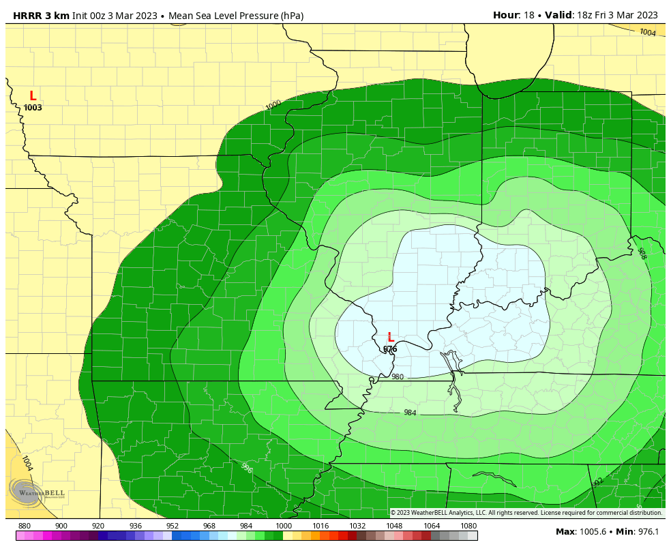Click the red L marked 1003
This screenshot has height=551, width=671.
33,96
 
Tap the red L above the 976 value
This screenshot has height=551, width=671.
391,337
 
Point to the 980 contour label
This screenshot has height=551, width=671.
398,377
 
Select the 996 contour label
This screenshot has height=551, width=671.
247,468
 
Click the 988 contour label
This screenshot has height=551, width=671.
641,254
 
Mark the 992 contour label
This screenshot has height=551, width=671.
598,482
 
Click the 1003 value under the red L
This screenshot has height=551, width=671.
33,108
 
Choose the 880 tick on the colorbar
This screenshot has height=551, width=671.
25,526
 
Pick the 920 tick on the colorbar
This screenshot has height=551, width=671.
98,526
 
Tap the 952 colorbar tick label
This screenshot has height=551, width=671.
173,526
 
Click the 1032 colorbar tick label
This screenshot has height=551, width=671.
357,526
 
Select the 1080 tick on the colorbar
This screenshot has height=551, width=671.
468,526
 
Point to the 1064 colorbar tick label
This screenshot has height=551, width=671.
432,526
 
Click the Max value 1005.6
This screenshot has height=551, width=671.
591,532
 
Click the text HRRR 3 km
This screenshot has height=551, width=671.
41,16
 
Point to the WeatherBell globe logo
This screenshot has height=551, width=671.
26,491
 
